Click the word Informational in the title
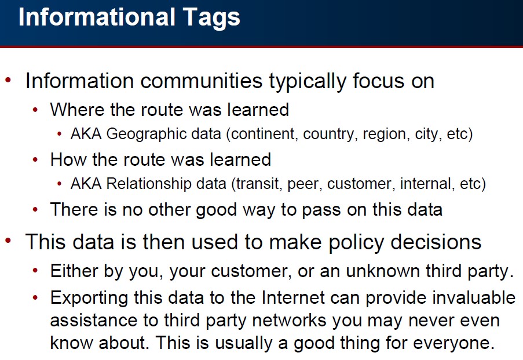(97, 17)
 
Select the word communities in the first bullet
(202, 81)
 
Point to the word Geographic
(163, 134)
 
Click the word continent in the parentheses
(264, 134)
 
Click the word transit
(258, 184)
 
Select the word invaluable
(474, 297)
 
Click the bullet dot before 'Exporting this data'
(36, 297)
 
